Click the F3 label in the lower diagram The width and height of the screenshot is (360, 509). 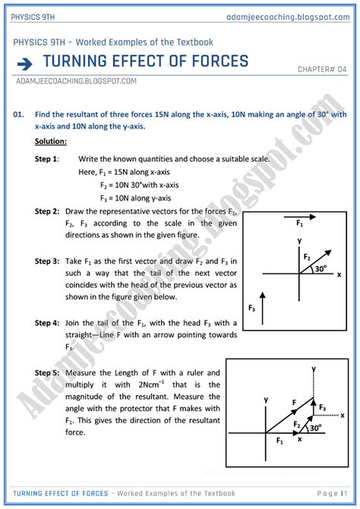coord(321,408)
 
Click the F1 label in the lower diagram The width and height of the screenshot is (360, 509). coord(279,440)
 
